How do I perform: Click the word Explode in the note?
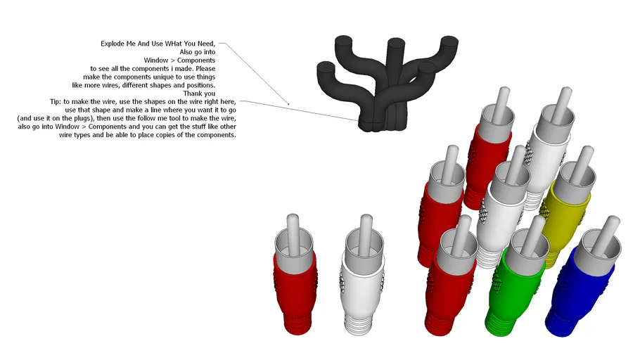pos(113,44)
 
